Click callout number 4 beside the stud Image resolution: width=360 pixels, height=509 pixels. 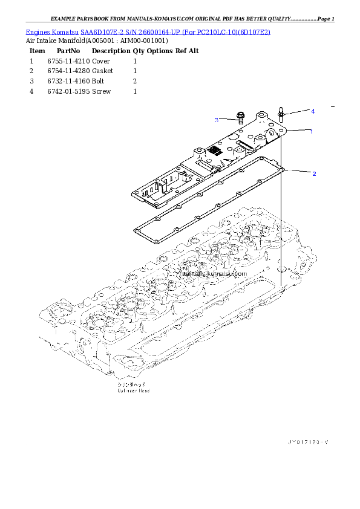(x=313, y=111)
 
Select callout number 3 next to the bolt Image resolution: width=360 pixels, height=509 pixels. (x=216, y=120)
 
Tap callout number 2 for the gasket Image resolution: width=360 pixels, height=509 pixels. (x=314, y=174)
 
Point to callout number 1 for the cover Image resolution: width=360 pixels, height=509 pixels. (x=312, y=131)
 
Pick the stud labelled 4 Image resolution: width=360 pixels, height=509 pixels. (x=282, y=114)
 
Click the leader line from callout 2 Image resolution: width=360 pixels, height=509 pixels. (x=298, y=171)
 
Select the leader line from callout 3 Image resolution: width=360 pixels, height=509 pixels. (x=226, y=119)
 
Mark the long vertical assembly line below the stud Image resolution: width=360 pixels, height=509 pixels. (x=281, y=230)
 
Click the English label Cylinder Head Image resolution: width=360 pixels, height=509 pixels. (x=133, y=391)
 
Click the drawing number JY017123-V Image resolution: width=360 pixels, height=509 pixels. (x=307, y=442)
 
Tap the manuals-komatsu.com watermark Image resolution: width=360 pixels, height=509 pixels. (x=213, y=273)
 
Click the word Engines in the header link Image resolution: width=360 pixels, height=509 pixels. (x=38, y=31)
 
